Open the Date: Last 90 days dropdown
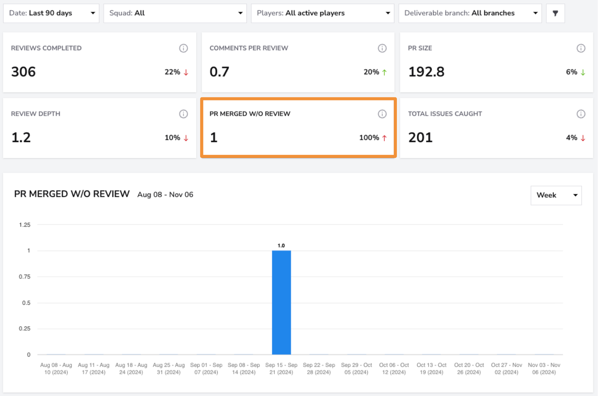point(51,13)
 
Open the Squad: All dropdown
point(175,13)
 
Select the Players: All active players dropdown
point(323,13)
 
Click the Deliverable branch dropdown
point(470,13)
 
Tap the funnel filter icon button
point(555,13)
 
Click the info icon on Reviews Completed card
point(183,48)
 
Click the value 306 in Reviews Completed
point(23,72)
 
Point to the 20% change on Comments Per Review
point(371,72)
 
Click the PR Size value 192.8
point(426,72)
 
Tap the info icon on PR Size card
point(581,48)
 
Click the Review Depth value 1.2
point(21,138)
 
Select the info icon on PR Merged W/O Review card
point(382,114)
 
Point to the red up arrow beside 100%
point(384,138)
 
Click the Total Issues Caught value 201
point(420,138)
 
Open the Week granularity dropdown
point(556,195)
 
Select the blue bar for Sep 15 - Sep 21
point(281,303)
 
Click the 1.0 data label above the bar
point(281,246)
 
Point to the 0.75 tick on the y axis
point(25,277)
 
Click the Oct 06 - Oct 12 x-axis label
point(394,369)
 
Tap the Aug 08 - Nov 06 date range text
point(165,195)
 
